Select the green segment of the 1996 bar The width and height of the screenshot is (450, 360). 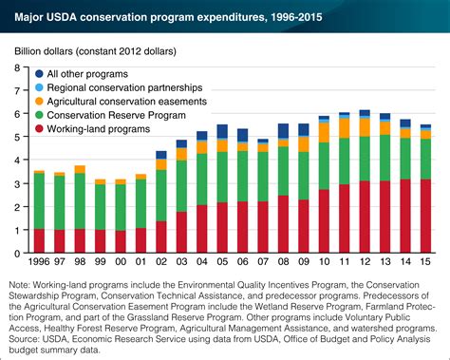pyautogui.click(x=39, y=200)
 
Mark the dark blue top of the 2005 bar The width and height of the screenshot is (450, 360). pyautogui.click(x=222, y=130)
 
